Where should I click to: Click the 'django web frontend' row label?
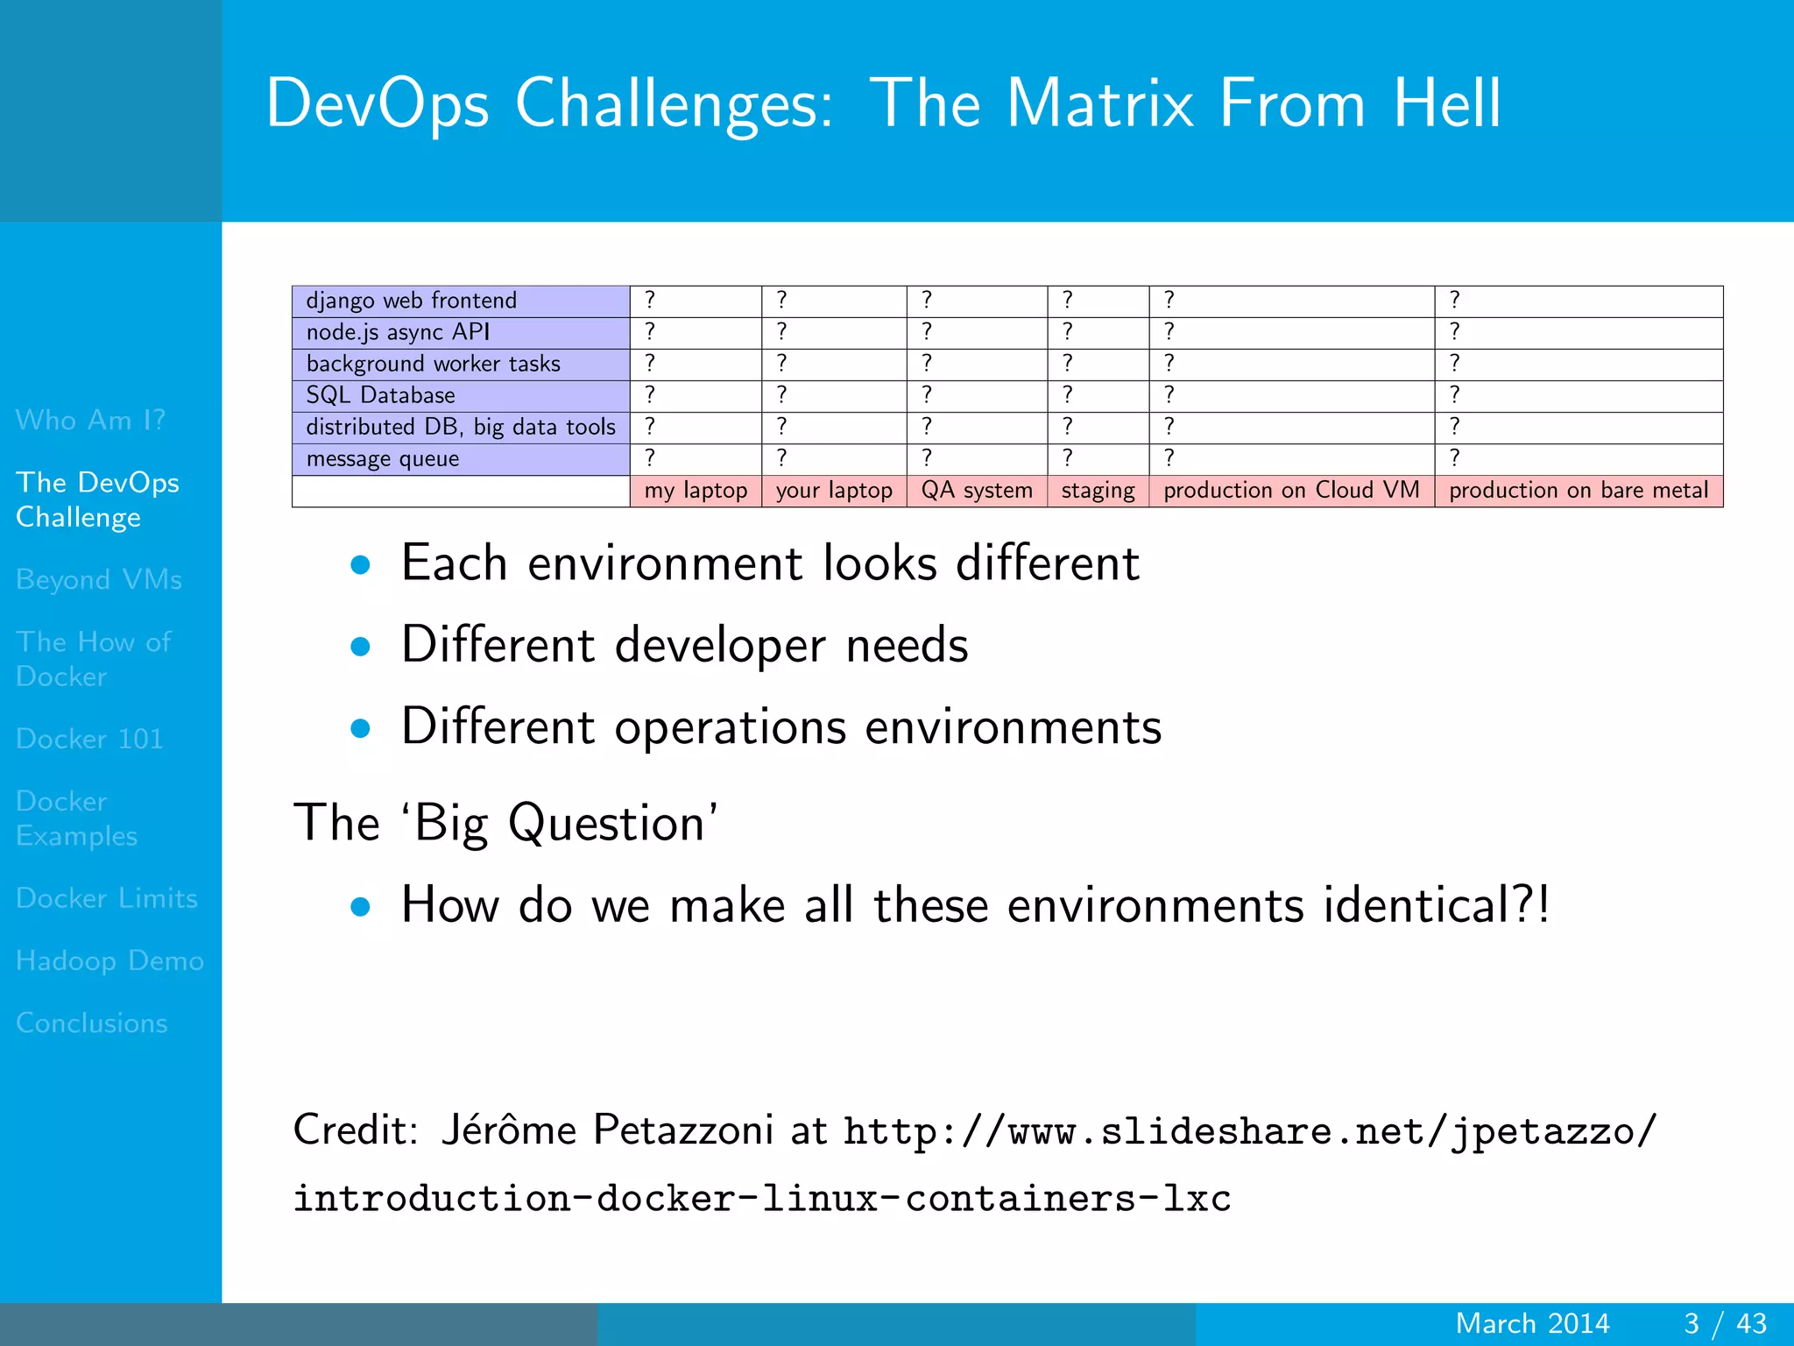pos(411,301)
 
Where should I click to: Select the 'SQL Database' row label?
pos(380,395)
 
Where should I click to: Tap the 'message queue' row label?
pos(382,458)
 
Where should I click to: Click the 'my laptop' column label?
pos(696,490)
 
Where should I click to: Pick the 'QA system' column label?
pos(977,490)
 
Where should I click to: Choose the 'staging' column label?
pos(1098,490)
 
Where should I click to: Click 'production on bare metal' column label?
pos(1579,490)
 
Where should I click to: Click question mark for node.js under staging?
pos(1067,331)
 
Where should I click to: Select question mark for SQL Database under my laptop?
pos(650,394)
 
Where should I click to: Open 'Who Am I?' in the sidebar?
pos(90,420)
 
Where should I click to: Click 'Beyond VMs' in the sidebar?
pos(99,579)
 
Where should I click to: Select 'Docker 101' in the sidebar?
pos(89,739)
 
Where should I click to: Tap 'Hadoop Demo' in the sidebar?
pos(109,960)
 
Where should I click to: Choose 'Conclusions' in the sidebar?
pos(92,1023)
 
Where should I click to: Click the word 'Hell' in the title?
pos(1447,103)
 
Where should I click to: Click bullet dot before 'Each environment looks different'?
pos(360,565)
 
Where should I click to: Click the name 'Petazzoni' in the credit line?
pos(682,1130)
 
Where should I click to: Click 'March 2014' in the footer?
pos(1532,1323)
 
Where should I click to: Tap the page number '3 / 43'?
pos(1725,1323)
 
